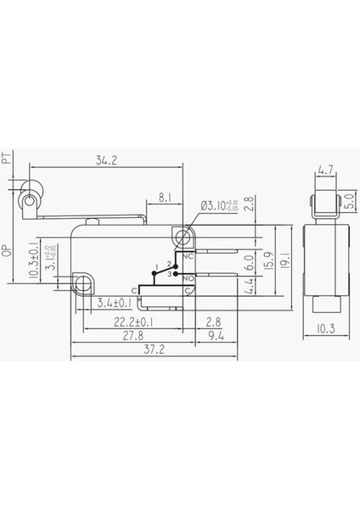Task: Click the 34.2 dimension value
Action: pos(106,159)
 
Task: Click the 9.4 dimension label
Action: pos(215,338)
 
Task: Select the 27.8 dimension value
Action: pos(131,338)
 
